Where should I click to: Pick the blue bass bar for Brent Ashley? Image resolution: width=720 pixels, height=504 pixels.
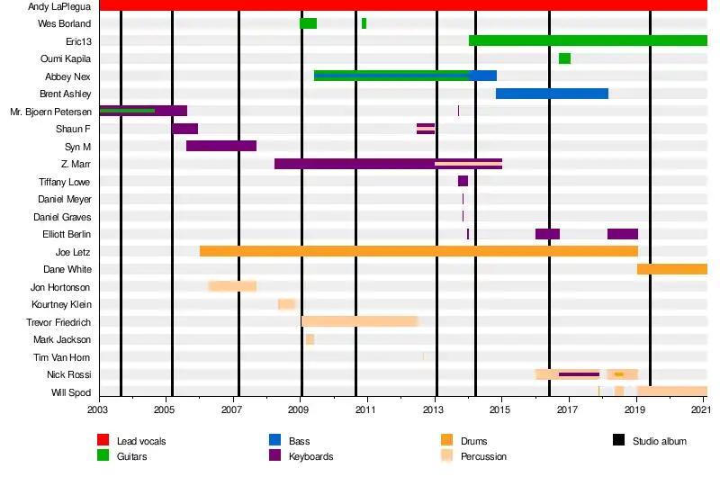(x=552, y=94)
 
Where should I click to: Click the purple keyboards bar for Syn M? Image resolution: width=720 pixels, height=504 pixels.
(x=221, y=146)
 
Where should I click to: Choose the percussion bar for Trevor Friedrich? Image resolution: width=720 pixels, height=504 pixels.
(x=360, y=321)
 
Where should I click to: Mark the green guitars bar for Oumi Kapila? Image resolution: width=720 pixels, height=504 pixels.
(x=564, y=58)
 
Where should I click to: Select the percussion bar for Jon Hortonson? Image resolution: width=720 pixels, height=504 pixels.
(x=232, y=286)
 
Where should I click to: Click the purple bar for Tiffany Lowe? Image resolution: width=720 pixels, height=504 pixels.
(x=463, y=181)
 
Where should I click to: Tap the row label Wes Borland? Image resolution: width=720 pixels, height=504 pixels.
(x=65, y=23)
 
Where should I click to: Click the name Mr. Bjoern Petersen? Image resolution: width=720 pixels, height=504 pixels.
(x=50, y=112)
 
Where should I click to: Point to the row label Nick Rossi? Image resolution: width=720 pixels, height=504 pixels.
(x=69, y=374)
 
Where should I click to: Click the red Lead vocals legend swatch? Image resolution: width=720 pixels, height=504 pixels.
(x=103, y=440)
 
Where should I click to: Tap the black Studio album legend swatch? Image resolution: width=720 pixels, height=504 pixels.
(x=618, y=440)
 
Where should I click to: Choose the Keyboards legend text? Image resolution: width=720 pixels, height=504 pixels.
(x=310, y=456)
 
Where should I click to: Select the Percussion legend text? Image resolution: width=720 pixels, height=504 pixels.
(x=482, y=456)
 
